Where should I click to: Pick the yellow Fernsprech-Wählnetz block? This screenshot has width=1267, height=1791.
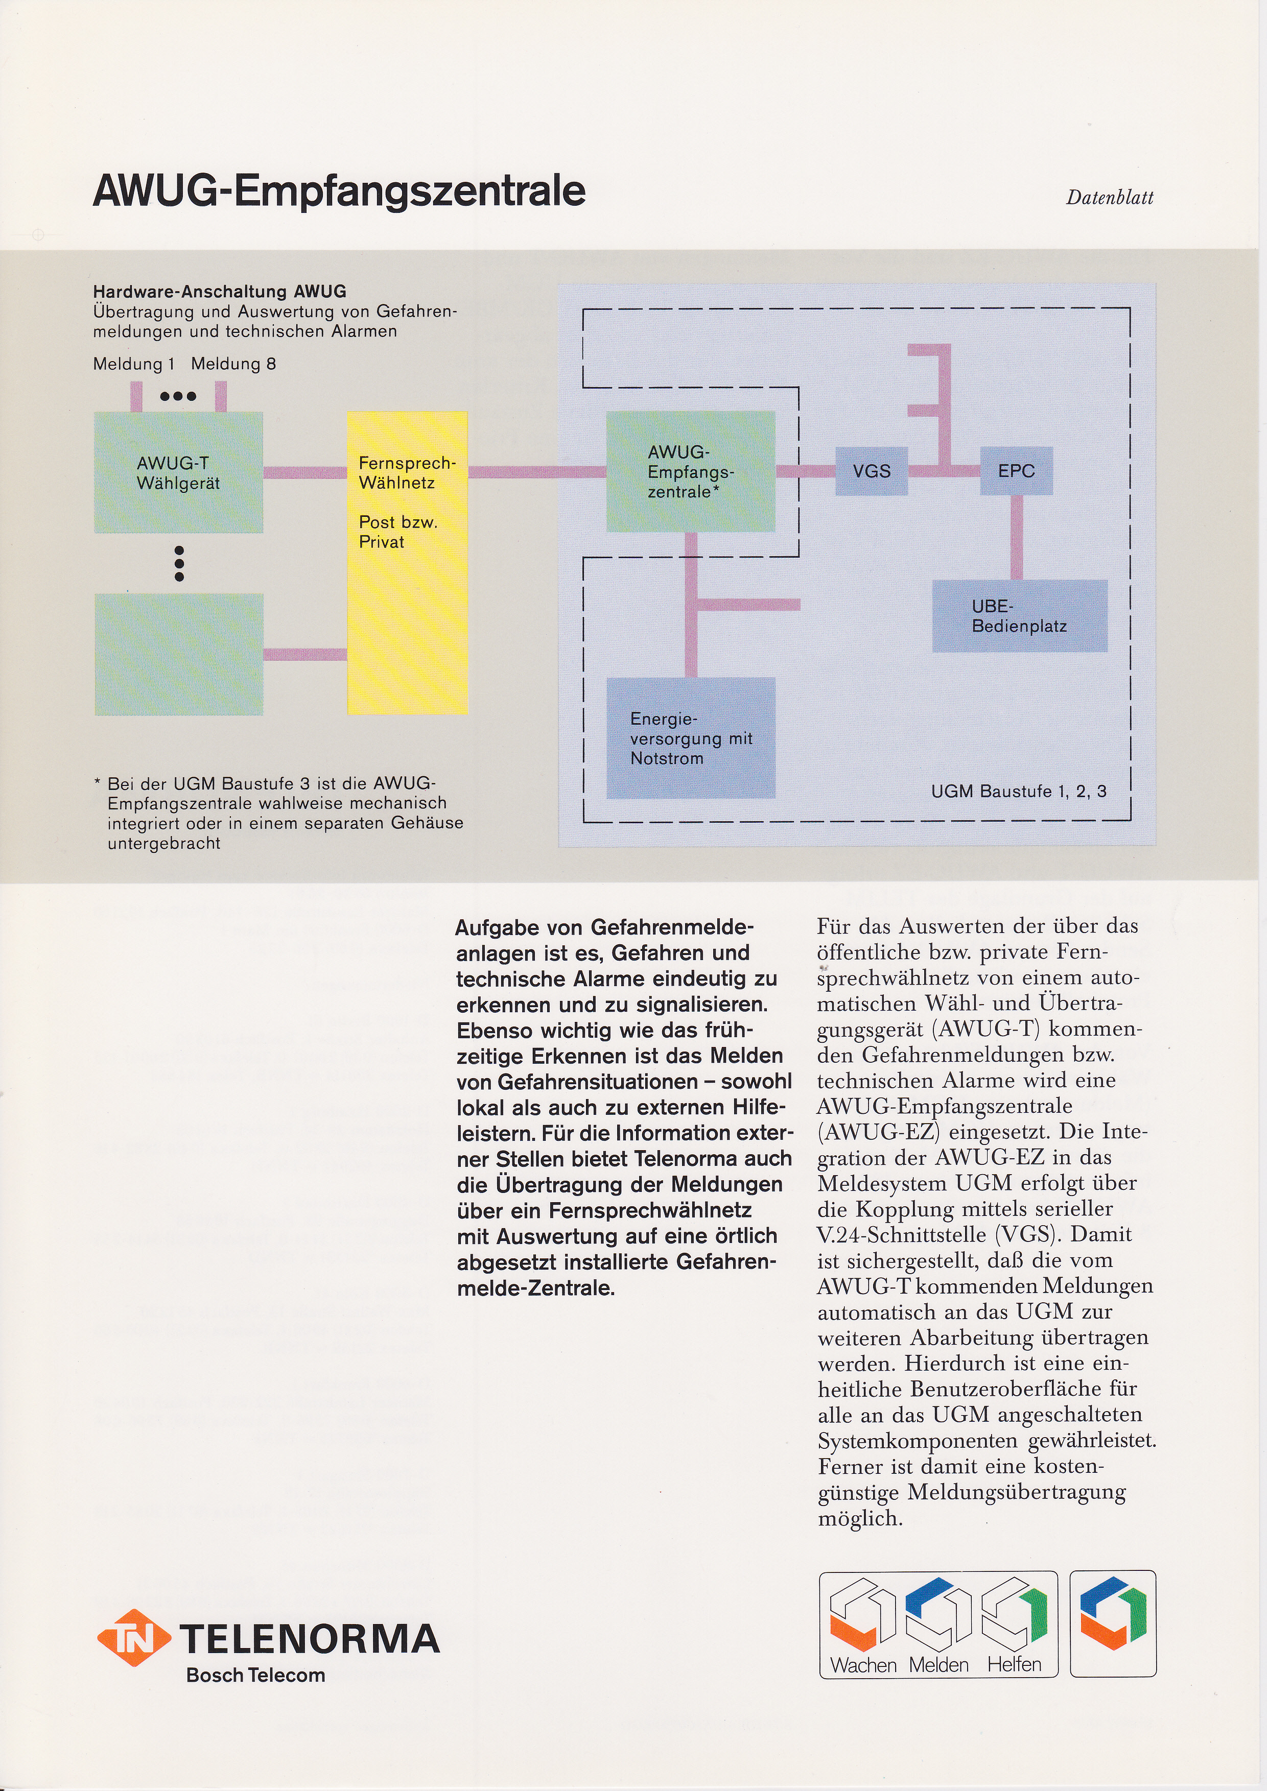(x=407, y=562)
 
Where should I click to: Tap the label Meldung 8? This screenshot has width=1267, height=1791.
(x=233, y=364)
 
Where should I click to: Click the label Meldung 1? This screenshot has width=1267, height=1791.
(x=133, y=364)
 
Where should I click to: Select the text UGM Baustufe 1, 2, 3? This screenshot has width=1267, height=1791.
(x=1018, y=791)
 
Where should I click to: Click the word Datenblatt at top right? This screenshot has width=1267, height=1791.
(x=1110, y=197)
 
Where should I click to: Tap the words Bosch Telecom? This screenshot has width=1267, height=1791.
(x=255, y=1675)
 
